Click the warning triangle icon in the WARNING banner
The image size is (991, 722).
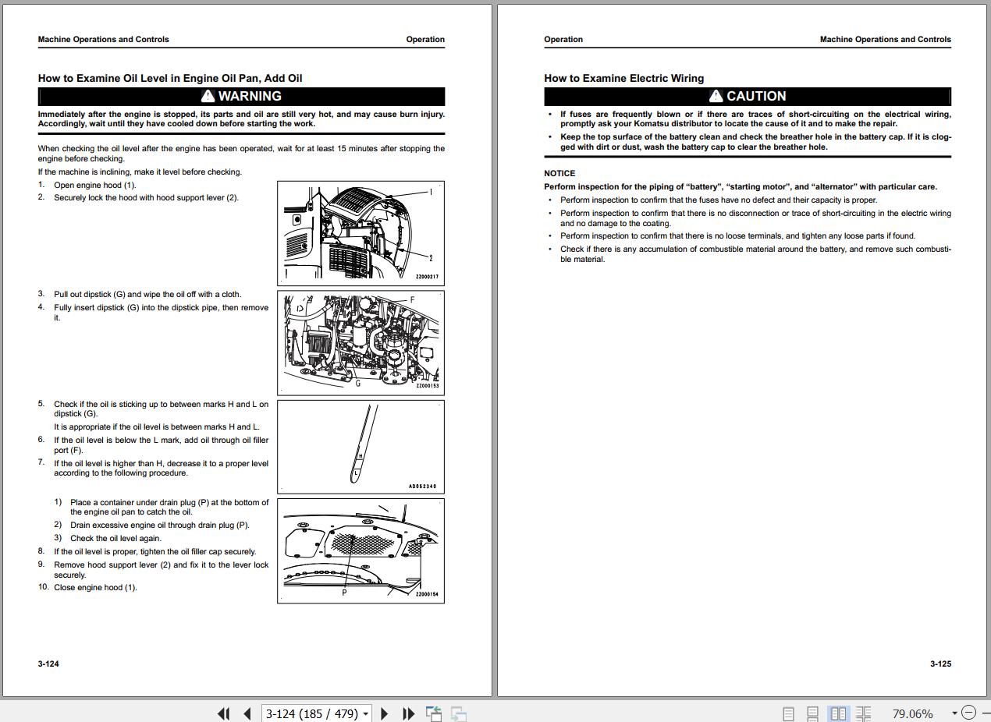[x=208, y=96]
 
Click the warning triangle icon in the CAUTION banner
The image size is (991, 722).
[x=716, y=96]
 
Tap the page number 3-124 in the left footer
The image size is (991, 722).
[x=48, y=664]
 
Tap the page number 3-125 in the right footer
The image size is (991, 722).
[x=940, y=664]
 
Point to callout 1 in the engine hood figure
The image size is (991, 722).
[x=431, y=192]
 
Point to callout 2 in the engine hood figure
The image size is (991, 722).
[x=431, y=258]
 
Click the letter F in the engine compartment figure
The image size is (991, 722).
[x=412, y=299]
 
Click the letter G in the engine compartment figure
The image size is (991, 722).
[x=358, y=384]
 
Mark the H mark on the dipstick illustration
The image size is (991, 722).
[x=361, y=456]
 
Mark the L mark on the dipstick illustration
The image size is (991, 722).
[x=356, y=472]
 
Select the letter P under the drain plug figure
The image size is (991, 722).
[x=344, y=593]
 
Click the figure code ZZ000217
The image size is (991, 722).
[x=427, y=277]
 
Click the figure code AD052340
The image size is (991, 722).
[x=422, y=487]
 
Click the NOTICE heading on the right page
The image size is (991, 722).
[x=559, y=173]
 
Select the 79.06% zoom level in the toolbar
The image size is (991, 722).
[x=912, y=713]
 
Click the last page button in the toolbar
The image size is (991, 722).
[x=408, y=713]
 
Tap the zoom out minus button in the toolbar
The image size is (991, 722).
[x=969, y=713]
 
